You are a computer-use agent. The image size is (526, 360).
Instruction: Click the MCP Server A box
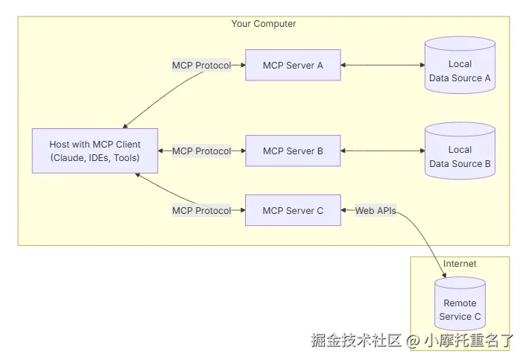click(x=293, y=66)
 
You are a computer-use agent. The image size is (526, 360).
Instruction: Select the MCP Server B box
click(x=293, y=151)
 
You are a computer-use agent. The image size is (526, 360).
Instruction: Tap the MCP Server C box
click(x=293, y=211)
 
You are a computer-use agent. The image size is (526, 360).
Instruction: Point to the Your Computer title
click(x=263, y=24)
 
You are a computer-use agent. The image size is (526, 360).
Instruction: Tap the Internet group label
click(x=460, y=264)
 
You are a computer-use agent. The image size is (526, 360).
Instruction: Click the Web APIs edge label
click(x=375, y=211)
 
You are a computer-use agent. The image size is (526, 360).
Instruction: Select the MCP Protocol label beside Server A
click(x=201, y=66)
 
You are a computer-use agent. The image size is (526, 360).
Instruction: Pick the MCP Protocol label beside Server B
click(x=201, y=151)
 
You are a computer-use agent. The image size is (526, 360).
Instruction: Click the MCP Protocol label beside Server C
click(x=201, y=211)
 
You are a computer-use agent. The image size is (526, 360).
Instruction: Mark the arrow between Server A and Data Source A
click(x=381, y=66)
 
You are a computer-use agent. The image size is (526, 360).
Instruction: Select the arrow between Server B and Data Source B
click(x=381, y=151)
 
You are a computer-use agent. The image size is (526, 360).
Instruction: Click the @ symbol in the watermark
click(x=413, y=341)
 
